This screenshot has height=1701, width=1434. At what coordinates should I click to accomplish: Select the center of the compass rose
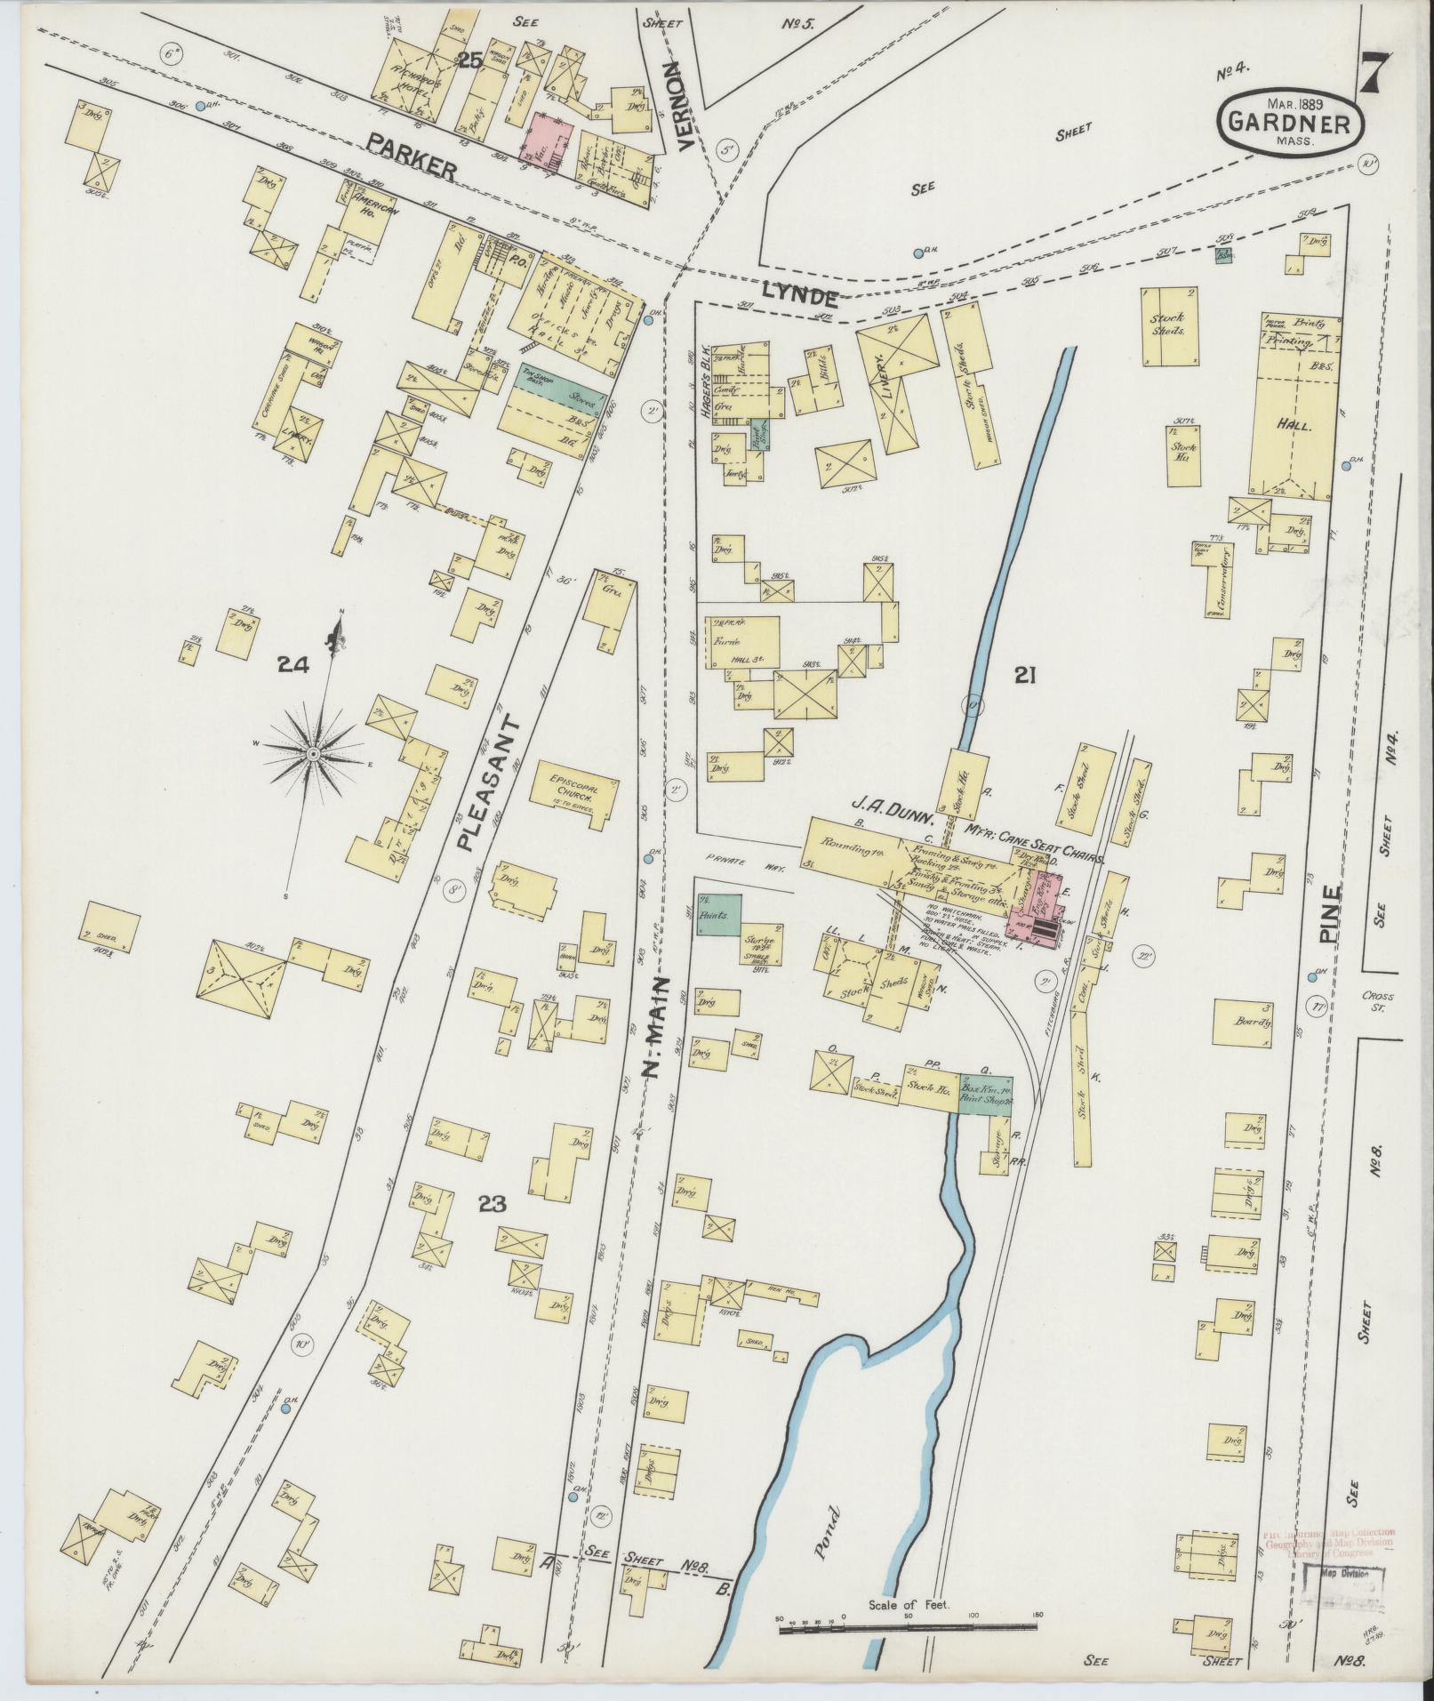pos(313,753)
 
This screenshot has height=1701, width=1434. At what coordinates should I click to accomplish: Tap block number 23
pos(492,1205)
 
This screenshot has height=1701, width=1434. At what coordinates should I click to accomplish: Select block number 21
pos(1026,676)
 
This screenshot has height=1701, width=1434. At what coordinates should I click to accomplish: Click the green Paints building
pos(718,914)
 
